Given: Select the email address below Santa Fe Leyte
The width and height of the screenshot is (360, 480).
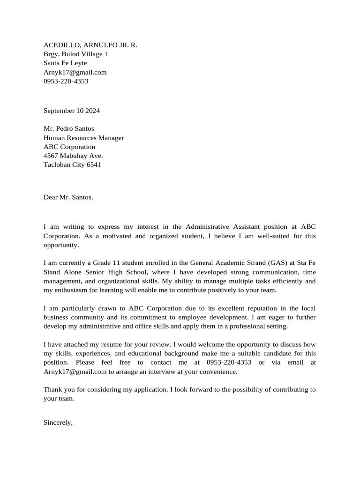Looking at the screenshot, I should tap(75, 72).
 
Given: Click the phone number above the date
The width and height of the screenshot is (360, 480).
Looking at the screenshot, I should tap(66, 81).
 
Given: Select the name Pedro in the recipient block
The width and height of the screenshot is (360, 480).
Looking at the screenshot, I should tap(67, 128).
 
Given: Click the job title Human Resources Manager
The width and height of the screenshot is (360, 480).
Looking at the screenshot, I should tap(83, 138).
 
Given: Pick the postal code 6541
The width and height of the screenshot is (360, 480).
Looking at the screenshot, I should tap(93, 165).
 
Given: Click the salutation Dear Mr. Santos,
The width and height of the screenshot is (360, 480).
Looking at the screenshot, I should tap(68, 197).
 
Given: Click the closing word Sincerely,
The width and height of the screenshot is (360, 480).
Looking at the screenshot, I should tap(58, 422).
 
